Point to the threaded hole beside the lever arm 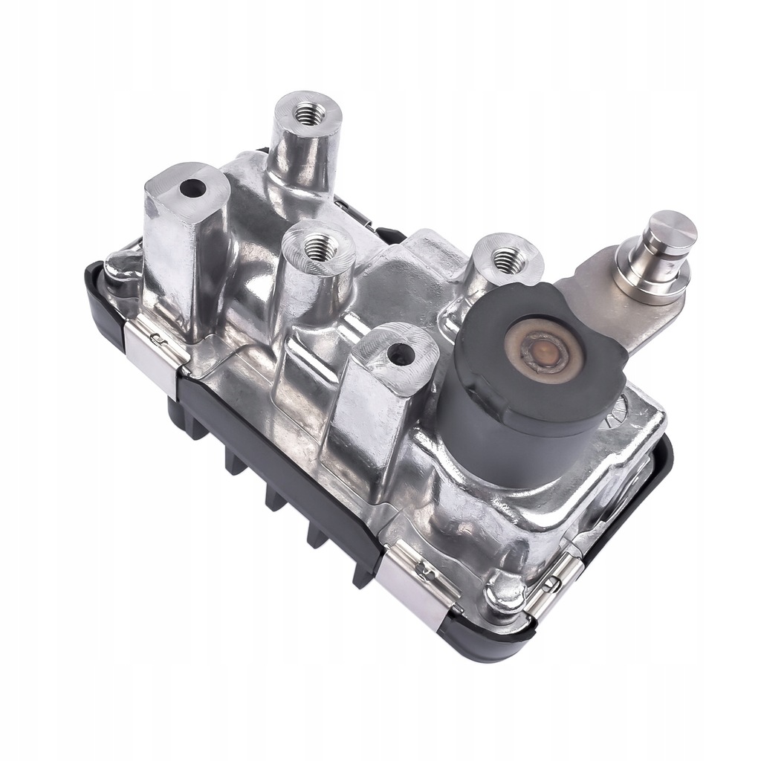point(505,258)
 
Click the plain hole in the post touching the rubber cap point(401,354)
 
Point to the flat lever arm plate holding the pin point(595,301)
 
